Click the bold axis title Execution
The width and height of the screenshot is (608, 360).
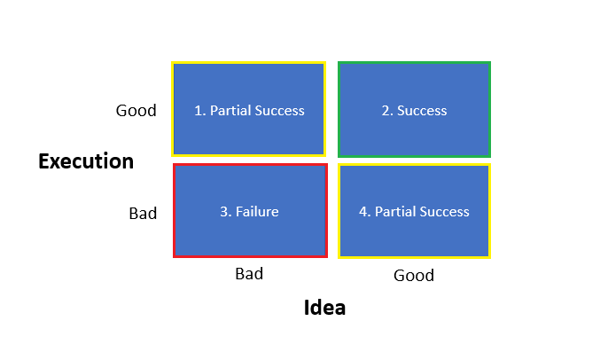(x=86, y=161)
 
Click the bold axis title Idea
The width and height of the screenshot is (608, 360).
(x=324, y=308)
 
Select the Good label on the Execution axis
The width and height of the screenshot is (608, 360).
(x=136, y=111)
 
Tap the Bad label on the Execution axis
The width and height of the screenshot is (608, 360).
(x=143, y=213)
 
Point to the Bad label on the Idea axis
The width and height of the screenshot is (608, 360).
(x=249, y=273)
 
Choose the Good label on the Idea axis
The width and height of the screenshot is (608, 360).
(x=414, y=275)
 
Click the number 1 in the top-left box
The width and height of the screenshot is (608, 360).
(x=199, y=111)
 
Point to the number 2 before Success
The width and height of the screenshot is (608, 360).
(x=386, y=111)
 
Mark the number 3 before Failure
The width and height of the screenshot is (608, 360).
(x=224, y=212)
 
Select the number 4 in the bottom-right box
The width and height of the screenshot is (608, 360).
(x=363, y=212)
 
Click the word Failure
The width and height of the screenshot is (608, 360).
(x=258, y=212)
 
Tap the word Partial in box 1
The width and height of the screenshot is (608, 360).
(x=230, y=111)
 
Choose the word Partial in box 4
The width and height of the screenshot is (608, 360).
(x=394, y=212)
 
